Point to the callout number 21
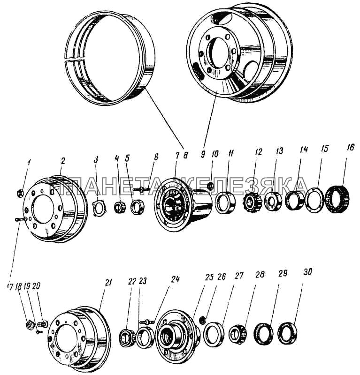pos(108,282)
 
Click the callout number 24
pos(176,277)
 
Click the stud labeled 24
pos(148,321)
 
